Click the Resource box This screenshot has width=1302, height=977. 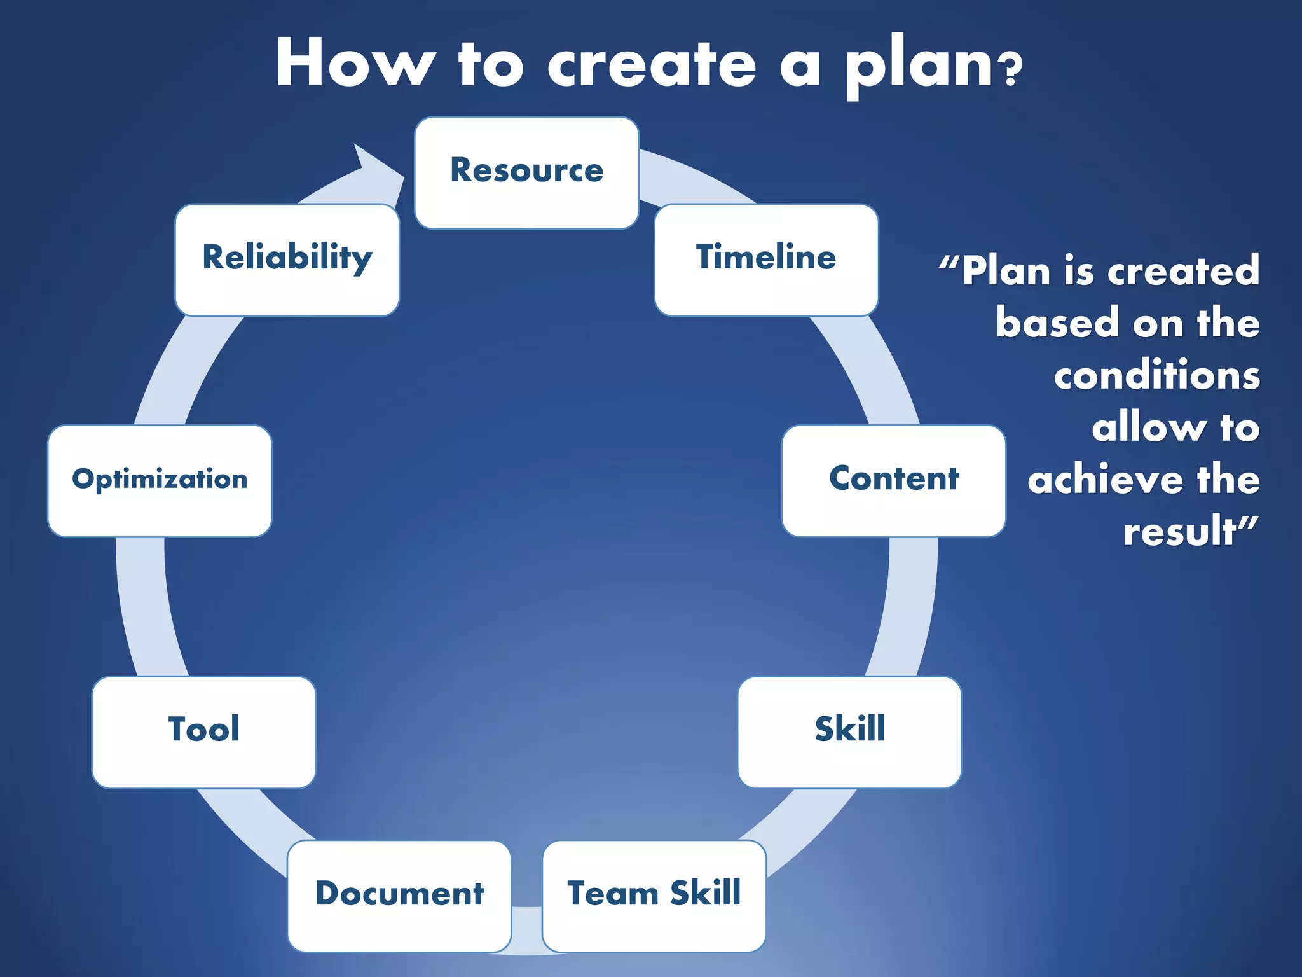[x=526, y=172]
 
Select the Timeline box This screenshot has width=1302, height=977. [x=766, y=260]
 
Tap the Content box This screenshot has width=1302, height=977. [x=893, y=480]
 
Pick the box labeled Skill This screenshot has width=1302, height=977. [x=849, y=731]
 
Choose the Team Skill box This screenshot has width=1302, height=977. [x=654, y=896]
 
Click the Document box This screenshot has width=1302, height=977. [x=399, y=896]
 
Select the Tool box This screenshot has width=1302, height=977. [x=203, y=731]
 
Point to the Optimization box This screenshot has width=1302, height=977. [x=160, y=480]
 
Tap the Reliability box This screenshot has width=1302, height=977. [x=287, y=260]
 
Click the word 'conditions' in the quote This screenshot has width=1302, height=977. [x=1156, y=375]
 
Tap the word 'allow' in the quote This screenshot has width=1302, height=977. [x=1148, y=427]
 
